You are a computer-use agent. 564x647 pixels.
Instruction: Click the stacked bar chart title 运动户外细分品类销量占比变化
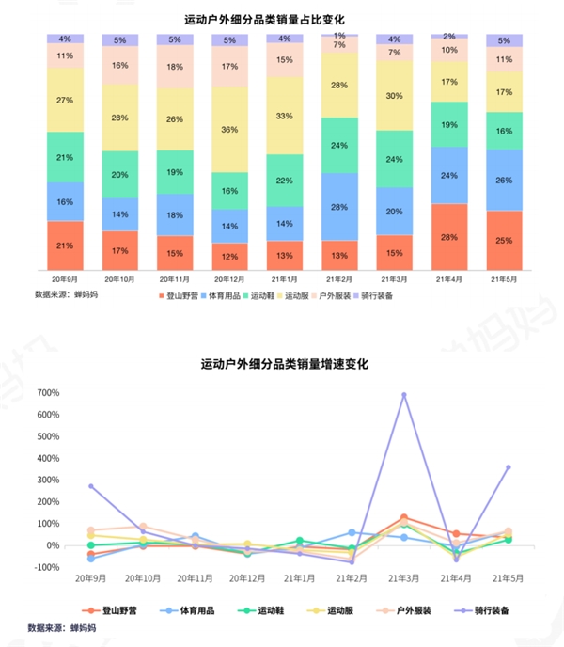pyautogui.click(x=281, y=18)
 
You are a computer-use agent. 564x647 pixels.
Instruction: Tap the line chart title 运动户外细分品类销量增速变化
pyautogui.click(x=281, y=364)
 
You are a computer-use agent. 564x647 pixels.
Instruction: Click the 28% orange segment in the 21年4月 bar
pyautogui.click(x=449, y=236)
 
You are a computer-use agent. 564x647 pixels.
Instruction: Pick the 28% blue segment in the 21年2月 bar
pyautogui.click(x=339, y=206)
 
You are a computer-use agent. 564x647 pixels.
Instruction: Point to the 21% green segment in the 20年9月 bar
pyautogui.click(x=65, y=157)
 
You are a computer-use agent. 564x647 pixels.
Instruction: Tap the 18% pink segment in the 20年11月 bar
pyautogui.click(x=175, y=68)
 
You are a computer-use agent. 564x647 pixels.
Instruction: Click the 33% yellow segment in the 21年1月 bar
pyautogui.click(x=285, y=116)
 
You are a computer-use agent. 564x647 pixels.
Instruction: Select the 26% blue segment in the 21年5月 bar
pyautogui.click(x=504, y=180)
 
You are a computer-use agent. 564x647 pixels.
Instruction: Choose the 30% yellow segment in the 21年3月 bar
pyautogui.click(x=395, y=96)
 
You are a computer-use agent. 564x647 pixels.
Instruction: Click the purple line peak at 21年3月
pyautogui.click(x=404, y=395)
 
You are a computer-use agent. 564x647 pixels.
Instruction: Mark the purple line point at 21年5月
pyautogui.click(x=508, y=467)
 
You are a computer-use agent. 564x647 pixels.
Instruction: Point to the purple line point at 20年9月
pyautogui.click(x=91, y=486)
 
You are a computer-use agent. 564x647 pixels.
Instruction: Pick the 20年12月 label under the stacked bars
pyautogui.click(x=229, y=279)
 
